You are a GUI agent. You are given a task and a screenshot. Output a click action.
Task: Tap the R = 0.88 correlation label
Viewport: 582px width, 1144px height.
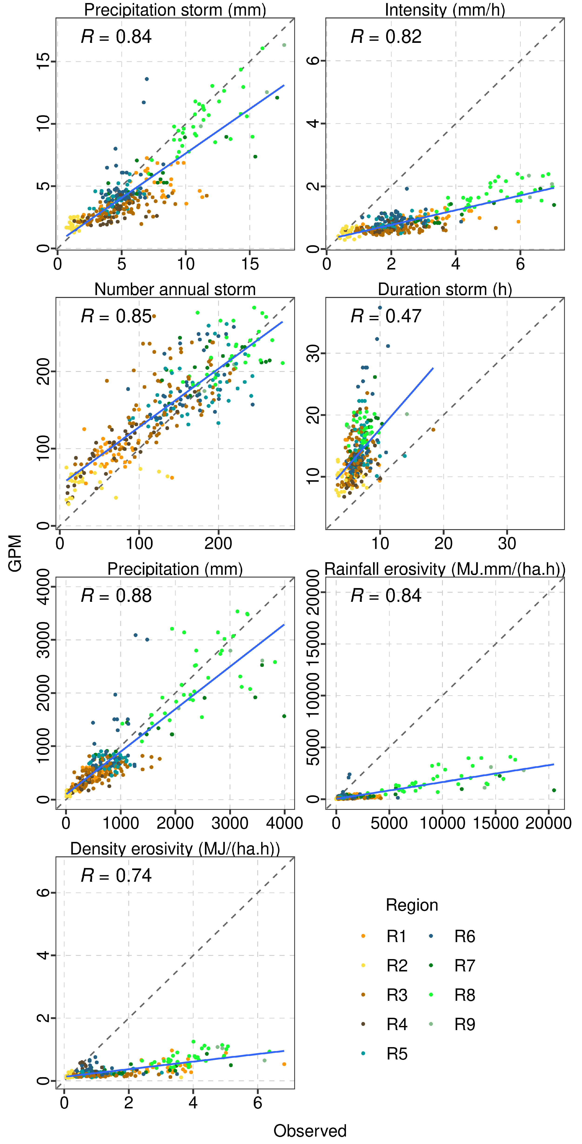pyautogui.click(x=116, y=596)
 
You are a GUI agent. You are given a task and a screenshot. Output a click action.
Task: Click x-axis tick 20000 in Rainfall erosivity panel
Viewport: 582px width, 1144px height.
pyautogui.click(x=548, y=823)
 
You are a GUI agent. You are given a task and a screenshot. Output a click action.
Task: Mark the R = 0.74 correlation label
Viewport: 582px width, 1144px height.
pyautogui.click(x=116, y=875)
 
